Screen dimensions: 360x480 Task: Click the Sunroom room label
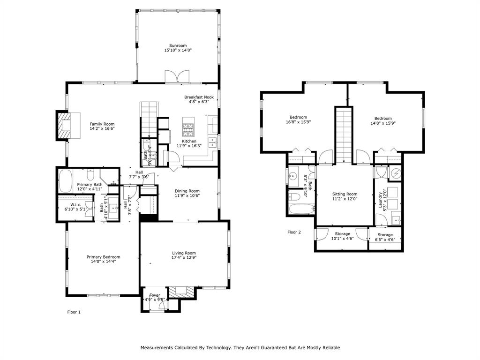tap(178, 45)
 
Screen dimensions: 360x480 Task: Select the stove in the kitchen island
tap(189, 127)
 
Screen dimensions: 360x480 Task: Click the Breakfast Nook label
tap(198, 97)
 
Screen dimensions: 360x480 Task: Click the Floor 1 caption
tap(74, 312)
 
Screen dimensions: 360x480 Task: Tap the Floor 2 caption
tap(294, 232)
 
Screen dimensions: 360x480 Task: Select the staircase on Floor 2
tap(343, 134)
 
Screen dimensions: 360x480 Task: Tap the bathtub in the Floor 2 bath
tap(300, 209)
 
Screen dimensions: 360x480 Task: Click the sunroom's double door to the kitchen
tap(177, 76)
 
